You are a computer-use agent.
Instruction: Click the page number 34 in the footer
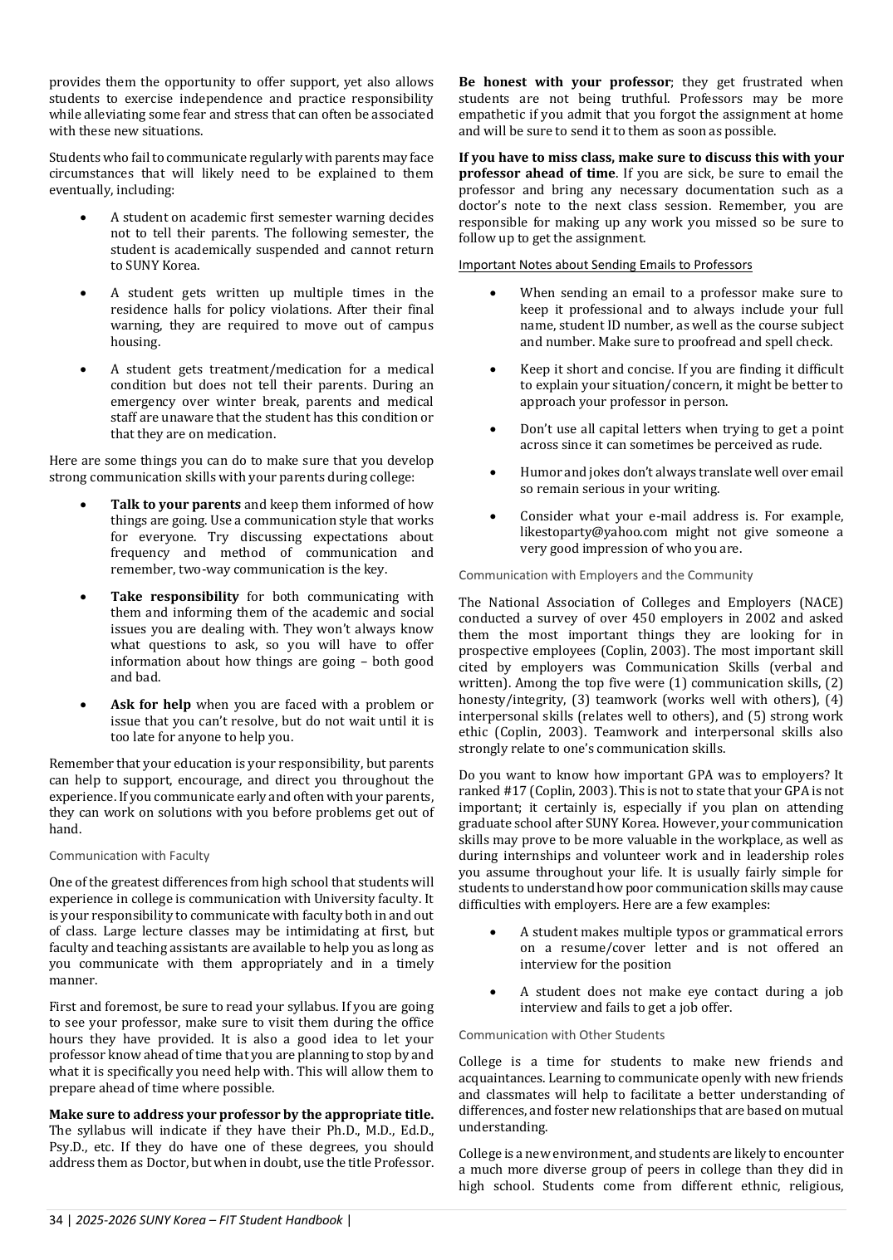pos(56,1219)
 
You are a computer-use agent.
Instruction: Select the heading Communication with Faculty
pos(129,856)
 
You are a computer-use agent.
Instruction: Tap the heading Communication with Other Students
pos(562,1035)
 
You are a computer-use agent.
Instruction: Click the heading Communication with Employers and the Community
pos(606,575)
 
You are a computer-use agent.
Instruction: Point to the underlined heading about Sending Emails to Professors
pos(605,265)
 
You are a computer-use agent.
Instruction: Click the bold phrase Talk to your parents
pos(175,505)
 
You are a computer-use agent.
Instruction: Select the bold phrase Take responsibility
pos(174,597)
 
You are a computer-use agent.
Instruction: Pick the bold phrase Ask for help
pos(150,705)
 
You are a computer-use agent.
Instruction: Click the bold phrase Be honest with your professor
pos(564,82)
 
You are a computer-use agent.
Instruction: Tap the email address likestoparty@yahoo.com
pos(593,532)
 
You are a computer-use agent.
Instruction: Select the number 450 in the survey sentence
pos(645,618)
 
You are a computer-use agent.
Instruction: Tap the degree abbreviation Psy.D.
pos(66,1147)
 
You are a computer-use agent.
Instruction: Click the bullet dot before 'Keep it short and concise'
pos(493,370)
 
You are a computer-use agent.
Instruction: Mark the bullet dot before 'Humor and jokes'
pos(493,473)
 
